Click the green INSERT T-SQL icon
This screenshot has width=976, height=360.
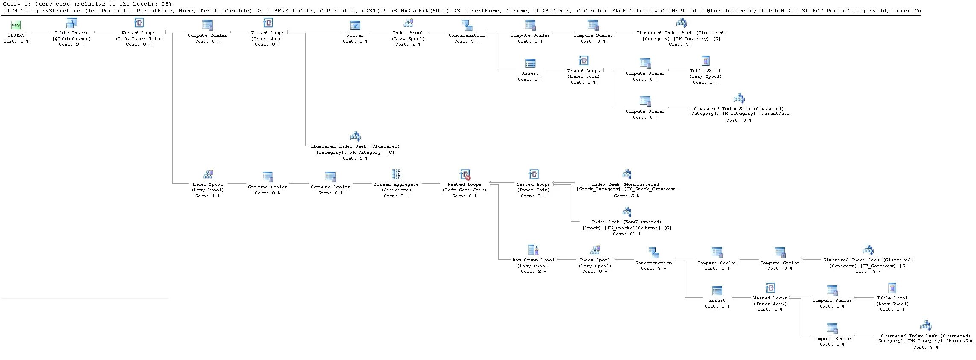click(16, 26)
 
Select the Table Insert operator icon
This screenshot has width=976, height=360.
click(72, 23)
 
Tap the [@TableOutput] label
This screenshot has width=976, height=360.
click(72, 38)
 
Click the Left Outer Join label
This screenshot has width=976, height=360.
click(139, 38)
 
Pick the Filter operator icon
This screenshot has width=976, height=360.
click(355, 26)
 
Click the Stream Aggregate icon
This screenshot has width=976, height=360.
click(396, 174)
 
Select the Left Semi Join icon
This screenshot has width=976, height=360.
click(465, 174)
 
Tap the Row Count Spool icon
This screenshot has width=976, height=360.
click(533, 250)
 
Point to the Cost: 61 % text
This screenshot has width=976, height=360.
click(626, 234)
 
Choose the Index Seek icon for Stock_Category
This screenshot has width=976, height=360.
click(626, 174)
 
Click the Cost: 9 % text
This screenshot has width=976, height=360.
click(71, 44)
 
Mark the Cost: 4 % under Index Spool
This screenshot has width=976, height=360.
click(207, 196)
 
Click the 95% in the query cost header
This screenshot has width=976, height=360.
click(167, 4)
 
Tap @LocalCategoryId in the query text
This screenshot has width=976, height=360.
click(734, 11)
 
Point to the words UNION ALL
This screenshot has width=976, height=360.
click(782, 11)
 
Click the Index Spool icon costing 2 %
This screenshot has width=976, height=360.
click(408, 23)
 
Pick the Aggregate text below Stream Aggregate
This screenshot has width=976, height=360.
click(396, 190)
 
